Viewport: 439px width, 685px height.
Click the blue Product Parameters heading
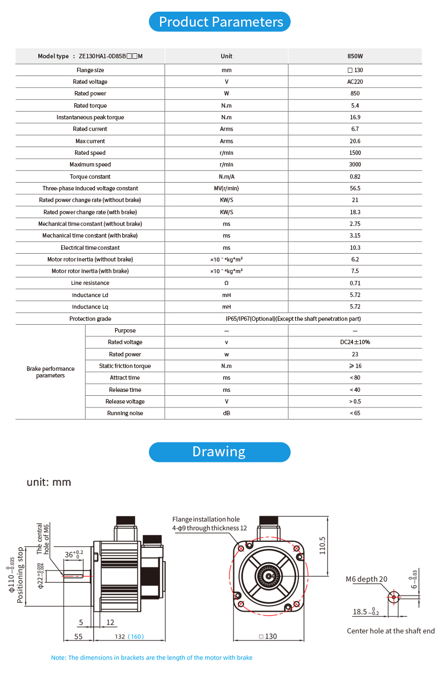219,22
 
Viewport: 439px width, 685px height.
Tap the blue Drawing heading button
219,452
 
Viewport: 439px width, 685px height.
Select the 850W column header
355,56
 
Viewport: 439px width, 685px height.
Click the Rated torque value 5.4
355,105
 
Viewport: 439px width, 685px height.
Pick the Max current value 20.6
355,141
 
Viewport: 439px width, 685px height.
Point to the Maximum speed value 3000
355,164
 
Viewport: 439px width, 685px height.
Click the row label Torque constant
90,177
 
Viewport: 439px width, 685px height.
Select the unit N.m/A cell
226,177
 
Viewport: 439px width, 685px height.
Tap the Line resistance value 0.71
355,283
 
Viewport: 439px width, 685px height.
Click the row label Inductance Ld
90,295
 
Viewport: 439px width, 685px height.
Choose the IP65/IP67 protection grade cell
293,319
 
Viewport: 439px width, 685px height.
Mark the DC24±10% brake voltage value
355,342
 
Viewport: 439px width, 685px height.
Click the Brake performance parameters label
51,372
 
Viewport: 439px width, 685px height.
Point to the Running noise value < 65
355,413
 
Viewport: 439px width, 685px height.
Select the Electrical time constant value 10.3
355,248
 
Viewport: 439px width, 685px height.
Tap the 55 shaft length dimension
78,637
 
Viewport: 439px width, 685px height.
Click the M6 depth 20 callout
367,579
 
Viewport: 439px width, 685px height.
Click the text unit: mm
49,482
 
